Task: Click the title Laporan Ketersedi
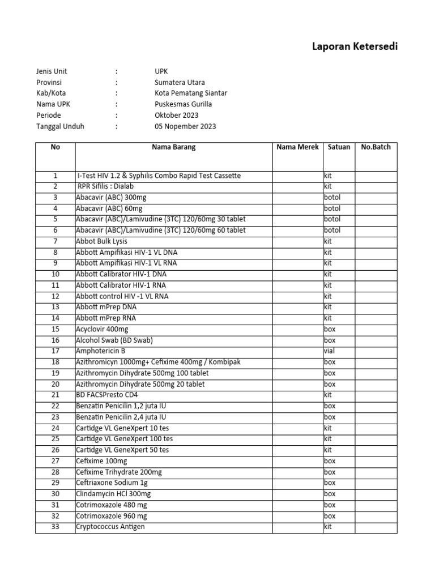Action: (x=355, y=46)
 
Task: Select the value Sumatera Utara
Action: (x=180, y=82)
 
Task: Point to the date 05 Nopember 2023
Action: (x=185, y=126)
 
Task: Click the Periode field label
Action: (x=49, y=115)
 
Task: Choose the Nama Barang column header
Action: (x=173, y=147)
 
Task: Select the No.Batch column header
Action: (x=376, y=147)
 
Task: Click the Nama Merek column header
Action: (x=297, y=147)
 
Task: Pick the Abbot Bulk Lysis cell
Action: (x=102, y=241)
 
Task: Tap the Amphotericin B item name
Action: (x=101, y=351)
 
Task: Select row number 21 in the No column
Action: (x=55, y=395)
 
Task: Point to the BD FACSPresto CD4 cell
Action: (x=107, y=395)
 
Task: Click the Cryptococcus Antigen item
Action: (x=110, y=527)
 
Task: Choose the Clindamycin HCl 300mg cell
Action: (x=113, y=494)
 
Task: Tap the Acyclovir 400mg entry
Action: (x=103, y=329)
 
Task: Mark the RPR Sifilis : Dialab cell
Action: (x=106, y=186)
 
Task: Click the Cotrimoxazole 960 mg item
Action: (x=112, y=516)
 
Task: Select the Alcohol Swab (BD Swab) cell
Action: (x=114, y=340)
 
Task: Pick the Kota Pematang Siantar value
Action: (x=191, y=93)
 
